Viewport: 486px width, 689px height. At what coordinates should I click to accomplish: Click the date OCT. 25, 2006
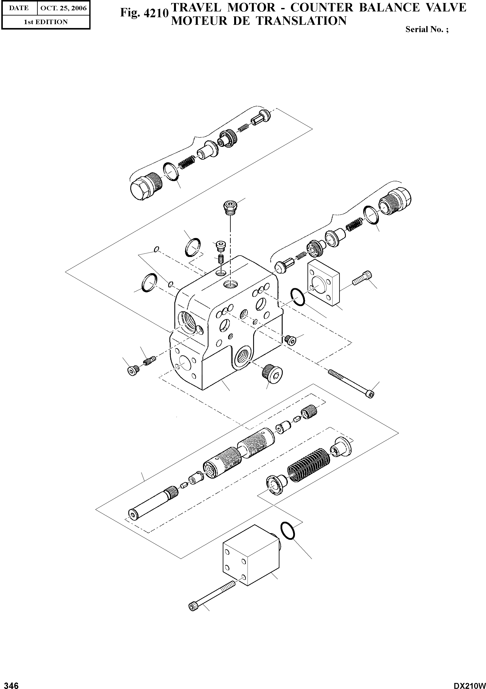[x=63, y=8]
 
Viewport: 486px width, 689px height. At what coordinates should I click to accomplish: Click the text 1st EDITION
[x=46, y=22]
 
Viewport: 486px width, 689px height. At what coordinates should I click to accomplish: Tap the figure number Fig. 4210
[x=143, y=13]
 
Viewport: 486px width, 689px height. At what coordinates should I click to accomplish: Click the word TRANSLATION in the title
[x=302, y=21]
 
